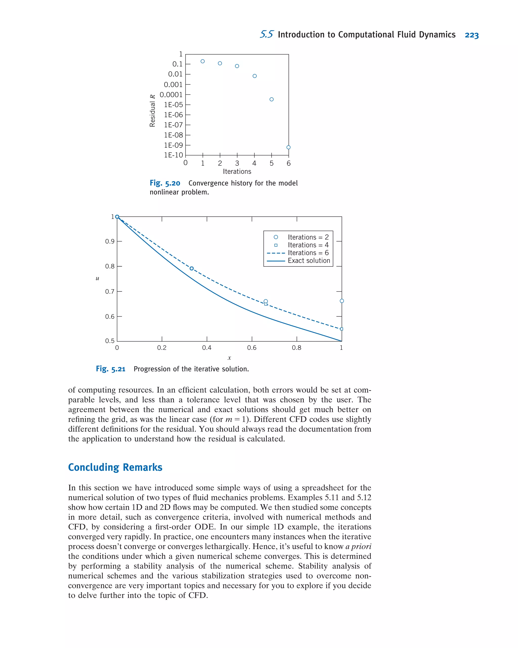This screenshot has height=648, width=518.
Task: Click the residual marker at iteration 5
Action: click(x=271, y=99)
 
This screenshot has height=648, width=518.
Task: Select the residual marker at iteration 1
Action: click(x=203, y=61)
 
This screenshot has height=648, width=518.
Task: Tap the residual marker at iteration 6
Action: click(x=288, y=147)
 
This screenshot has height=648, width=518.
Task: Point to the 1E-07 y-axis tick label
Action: click(x=173, y=125)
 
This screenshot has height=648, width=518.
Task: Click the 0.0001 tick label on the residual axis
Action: click(x=171, y=95)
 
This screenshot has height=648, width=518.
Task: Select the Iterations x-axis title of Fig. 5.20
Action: click(x=237, y=171)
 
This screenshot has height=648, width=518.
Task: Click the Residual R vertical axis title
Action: click(x=153, y=110)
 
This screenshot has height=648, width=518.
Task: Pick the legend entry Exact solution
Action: click(x=309, y=261)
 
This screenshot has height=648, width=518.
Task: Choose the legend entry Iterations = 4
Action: click(x=308, y=245)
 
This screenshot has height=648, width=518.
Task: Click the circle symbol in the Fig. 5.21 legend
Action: click(x=276, y=237)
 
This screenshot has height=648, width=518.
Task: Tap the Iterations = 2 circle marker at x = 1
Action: click(x=342, y=301)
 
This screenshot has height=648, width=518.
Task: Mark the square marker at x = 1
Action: click(x=341, y=329)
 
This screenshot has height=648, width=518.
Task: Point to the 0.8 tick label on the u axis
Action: click(x=110, y=266)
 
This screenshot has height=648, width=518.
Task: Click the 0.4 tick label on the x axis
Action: click(x=207, y=348)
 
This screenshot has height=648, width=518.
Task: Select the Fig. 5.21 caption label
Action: click(x=111, y=369)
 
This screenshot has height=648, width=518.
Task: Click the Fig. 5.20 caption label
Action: click(x=165, y=183)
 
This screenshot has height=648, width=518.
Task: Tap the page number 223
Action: click(x=471, y=35)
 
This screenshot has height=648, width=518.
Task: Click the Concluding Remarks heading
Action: click(x=115, y=467)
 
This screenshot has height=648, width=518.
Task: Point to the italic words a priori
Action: click(x=358, y=546)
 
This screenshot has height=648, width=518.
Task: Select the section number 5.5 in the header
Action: click(x=267, y=35)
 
